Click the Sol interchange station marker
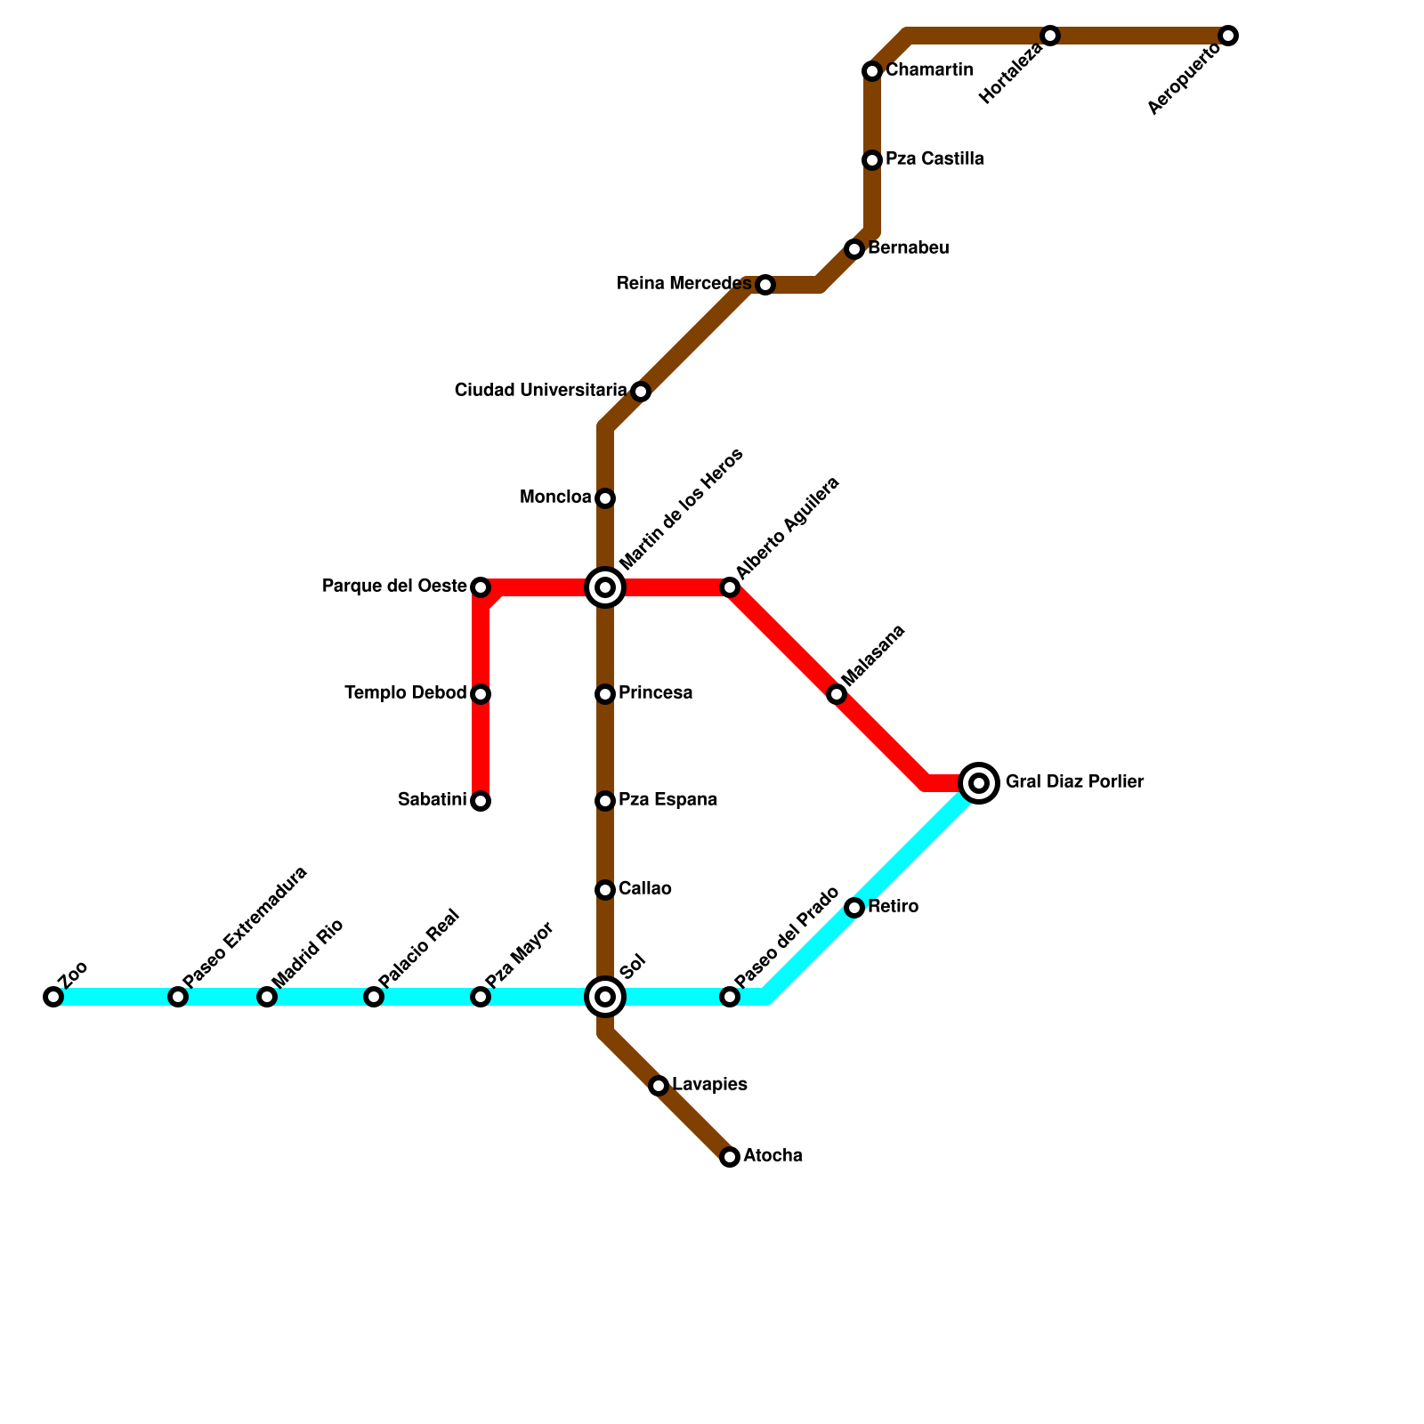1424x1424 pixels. [x=605, y=997]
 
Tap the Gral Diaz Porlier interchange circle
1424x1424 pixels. [x=979, y=783]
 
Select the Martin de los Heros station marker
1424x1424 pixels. [x=605, y=587]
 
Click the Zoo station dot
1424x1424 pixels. [x=53, y=997]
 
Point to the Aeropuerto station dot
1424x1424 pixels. [x=1228, y=36]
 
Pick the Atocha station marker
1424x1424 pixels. [x=730, y=1157]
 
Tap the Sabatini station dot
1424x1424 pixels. [x=481, y=801]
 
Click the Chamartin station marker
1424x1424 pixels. [x=872, y=71]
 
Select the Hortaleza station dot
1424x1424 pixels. [x=1050, y=36]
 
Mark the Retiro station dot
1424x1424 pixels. [x=854, y=908]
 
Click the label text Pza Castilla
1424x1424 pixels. [x=934, y=159]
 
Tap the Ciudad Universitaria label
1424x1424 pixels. [x=540, y=391]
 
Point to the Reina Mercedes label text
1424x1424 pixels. [x=684, y=284]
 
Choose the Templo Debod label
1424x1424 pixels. [x=405, y=693]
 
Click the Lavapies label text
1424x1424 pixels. [x=709, y=1085]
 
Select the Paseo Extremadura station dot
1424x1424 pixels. [x=178, y=997]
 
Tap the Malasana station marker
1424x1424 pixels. [x=837, y=694]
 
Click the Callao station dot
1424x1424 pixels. [x=605, y=890]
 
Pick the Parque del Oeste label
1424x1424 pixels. [x=394, y=587]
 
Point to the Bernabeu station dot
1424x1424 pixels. [x=854, y=249]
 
